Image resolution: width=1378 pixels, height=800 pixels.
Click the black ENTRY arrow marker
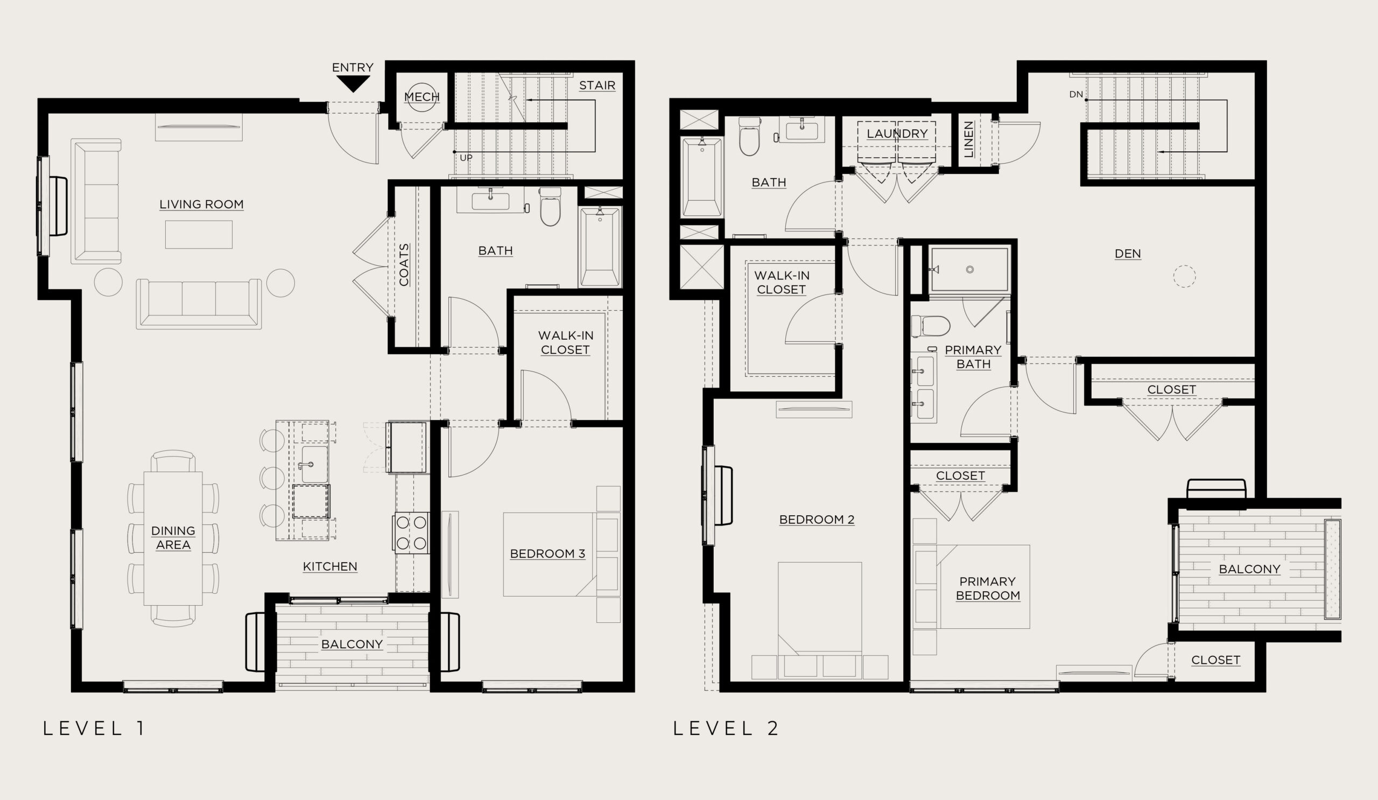pyautogui.click(x=353, y=83)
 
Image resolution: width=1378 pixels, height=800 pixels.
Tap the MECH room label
pyautogui.click(x=421, y=97)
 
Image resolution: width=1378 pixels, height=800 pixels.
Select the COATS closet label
pyautogui.click(x=404, y=265)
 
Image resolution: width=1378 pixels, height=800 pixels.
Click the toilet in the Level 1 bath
pyautogui.click(x=550, y=207)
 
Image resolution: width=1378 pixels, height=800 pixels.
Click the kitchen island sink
pyautogui.click(x=314, y=464)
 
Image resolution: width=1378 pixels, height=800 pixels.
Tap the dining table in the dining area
pyautogui.click(x=173, y=538)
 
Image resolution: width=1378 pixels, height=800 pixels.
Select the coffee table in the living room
pyautogui.click(x=199, y=234)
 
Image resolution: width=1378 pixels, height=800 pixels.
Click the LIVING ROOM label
pyautogui.click(x=201, y=205)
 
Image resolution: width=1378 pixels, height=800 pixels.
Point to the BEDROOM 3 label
pyautogui.click(x=547, y=553)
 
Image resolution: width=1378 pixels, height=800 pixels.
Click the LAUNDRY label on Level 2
pyautogui.click(x=897, y=134)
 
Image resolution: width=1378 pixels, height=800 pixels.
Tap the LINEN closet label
pyautogui.click(x=968, y=139)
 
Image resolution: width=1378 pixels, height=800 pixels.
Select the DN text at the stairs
pyautogui.click(x=1076, y=95)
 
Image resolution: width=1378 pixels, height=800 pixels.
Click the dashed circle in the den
pyautogui.click(x=1184, y=276)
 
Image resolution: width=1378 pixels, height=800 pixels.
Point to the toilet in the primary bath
pyautogui.click(x=931, y=326)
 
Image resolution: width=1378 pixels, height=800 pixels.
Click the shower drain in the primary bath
pyautogui.click(x=969, y=270)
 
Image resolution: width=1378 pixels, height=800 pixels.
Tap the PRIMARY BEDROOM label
pyautogui.click(x=988, y=588)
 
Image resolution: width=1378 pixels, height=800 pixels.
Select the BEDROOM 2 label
pyautogui.click(x=817, y=520)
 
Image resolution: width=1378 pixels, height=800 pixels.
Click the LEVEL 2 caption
pyautogui.click(x=726, y=728)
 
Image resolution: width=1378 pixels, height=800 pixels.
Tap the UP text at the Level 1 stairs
pyautogui.click(x=466, y=158)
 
